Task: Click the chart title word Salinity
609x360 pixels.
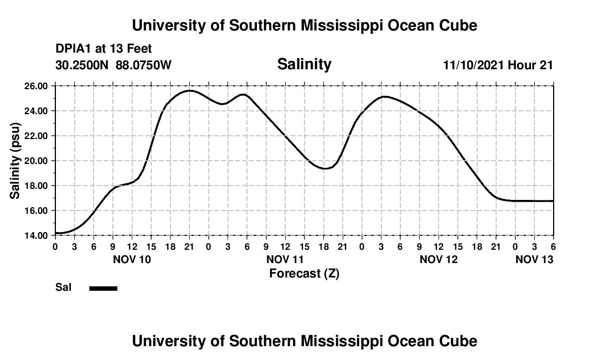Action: pyautogui.click(x=304, y=64)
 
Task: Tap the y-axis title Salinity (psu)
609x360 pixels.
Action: pyautogui.click(x=16, y=161)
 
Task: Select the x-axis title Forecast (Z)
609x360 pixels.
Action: pyautogui.click(x=304, y=273)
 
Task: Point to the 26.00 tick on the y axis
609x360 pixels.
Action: pyautogui.click(x=35, y=86)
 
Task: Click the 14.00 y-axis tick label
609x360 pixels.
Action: pyautogui.click(x=35, y=235)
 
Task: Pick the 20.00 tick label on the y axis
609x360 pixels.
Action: pyautogui.click(x=35, y=161)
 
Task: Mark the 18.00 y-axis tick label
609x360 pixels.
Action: pyautogui.click(x=35, y=186)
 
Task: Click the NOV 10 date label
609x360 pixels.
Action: pyautogui.click(x=132, y=259)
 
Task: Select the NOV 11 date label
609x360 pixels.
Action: pyautogui.click(x=285, y=259)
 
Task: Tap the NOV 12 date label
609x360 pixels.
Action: pyautogui.click(x=438, y=259)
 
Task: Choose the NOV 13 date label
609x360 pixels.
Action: pyautogui.click(x=534, y=259)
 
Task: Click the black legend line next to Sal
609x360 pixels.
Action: pyautogui.click(x=103, y=288)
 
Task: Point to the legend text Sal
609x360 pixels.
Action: pyautogui.click(x=63, y=288)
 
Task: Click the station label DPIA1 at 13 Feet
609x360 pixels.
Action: pyautogui.click(x=104, y=49)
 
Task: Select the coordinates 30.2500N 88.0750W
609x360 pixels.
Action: pyautogui.click(x=113, y=65)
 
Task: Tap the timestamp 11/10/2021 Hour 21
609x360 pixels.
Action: pyautogui.click(x=498, y=65)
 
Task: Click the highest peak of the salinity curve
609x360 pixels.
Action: pyautogui.click(x=189, y=90)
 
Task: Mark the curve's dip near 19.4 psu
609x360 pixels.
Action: pyautogui.click(x=326, y=168)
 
